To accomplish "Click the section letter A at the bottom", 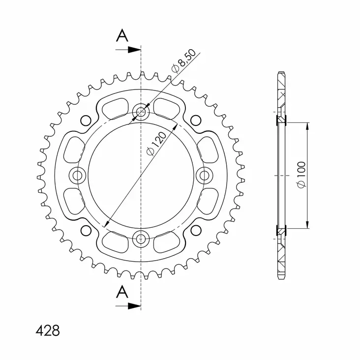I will [x=122, y=293].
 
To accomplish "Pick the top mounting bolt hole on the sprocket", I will [x=141, y=112].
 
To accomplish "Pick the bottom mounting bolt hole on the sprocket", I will [x=141, y=239].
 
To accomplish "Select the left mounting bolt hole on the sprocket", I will [x=78, y=175].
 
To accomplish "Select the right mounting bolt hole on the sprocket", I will [x=205, y=175].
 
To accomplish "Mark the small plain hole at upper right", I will [x=196, y=120].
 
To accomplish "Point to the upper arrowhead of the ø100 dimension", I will [x=308, y=126].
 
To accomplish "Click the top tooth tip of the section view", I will [x=281, y=73].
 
